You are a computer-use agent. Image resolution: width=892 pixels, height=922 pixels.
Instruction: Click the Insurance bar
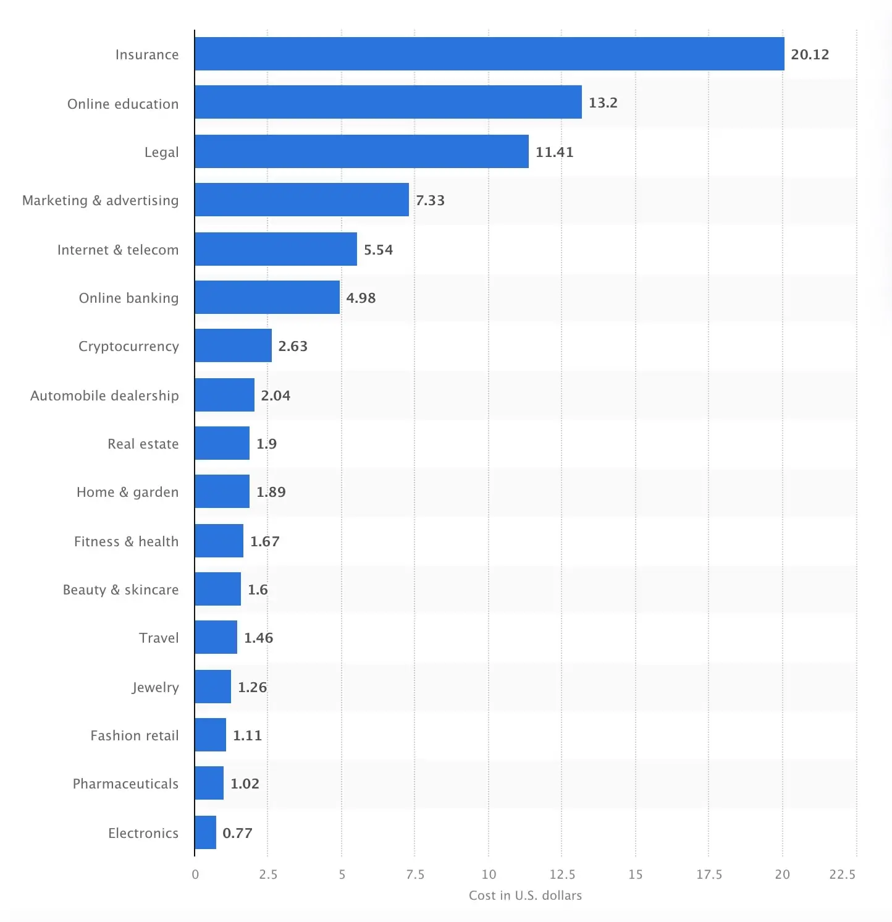(x=489, y=54)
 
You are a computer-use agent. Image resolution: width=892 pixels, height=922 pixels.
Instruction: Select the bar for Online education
(x=388, y=102)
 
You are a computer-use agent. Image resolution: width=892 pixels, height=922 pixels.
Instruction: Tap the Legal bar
(x=361, y=151)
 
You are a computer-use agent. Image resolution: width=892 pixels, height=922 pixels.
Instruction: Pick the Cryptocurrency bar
(x=233, y=345)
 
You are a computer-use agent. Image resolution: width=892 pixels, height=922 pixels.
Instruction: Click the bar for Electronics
(x=205, y=832)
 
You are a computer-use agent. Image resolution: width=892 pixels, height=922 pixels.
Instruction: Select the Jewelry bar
(x=212, y=687)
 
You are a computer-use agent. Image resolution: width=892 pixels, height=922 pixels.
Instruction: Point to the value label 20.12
(x=810, y=54)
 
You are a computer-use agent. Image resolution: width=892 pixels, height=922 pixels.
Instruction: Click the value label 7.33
(x=430, y=200)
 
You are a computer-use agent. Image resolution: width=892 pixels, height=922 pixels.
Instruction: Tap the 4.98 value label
(x=361, y=298)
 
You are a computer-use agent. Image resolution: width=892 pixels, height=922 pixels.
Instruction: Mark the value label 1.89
(x=271, y=492)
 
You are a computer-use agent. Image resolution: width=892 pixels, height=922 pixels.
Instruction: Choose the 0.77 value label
(x=237, y=833)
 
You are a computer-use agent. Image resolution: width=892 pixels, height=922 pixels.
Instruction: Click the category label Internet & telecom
(x=118, y=250)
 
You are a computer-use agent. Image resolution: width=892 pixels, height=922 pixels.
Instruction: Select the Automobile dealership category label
(x=104, y=395)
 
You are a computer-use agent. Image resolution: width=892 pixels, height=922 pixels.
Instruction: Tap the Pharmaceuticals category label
(x=125, y=784)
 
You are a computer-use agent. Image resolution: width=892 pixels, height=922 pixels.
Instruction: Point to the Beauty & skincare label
(x=120, y=590)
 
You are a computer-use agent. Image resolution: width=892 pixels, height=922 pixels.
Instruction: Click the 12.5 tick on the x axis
(x=562, y=874)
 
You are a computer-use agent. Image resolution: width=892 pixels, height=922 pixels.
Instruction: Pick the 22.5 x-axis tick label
(x=843, y=874)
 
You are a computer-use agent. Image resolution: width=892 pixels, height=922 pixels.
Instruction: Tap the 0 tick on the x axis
(x=195, y=874)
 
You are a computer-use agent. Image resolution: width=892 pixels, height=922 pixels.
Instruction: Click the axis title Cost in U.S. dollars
(x=525, y=895)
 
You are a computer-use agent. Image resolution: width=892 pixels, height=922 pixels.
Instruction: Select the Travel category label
(x=159, y=638)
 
